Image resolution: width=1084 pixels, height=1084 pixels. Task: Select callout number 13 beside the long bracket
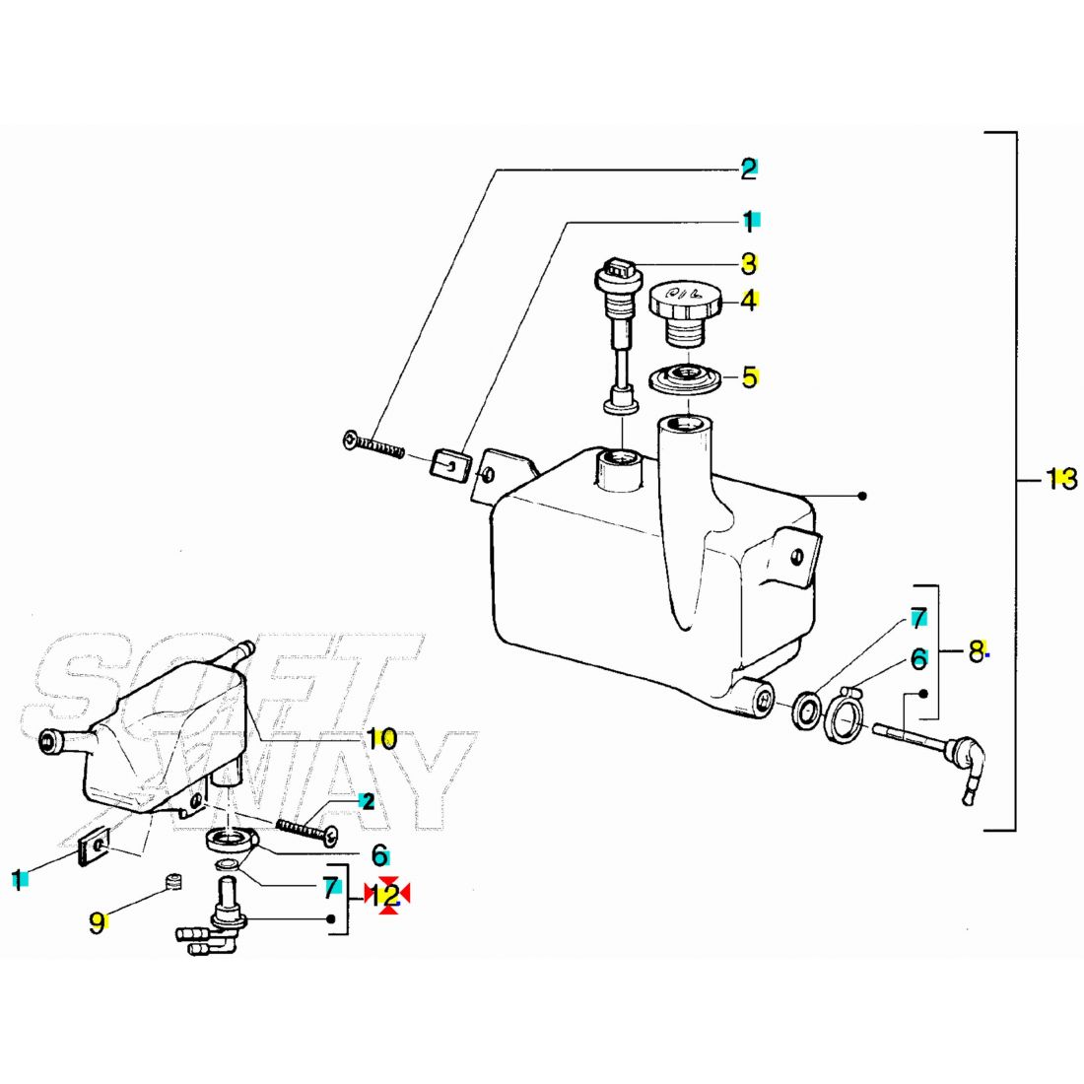pyautogui.click(x=1061, y=480)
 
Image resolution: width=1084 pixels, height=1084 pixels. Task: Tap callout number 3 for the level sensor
pyautogui.click(x=749, y=263)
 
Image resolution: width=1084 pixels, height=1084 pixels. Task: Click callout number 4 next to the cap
pyautogui.click(x=749, y=300)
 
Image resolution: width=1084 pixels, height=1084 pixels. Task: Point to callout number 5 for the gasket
pyautogui.click(x=750, y=376)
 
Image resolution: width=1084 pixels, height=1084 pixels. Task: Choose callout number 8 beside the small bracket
pyautogui.click(x=976, y=650)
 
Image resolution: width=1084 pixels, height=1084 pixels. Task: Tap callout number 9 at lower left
pyautogui.click(x=97, y=922)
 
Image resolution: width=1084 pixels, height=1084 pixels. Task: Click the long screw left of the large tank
pyautogui.click(x=374, y=445)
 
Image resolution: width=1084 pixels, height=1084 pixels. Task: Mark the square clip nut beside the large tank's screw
pyautogui.click(x=449, y=461)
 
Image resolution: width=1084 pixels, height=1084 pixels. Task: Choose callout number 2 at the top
pyautogui.click(x=749, y=169)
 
